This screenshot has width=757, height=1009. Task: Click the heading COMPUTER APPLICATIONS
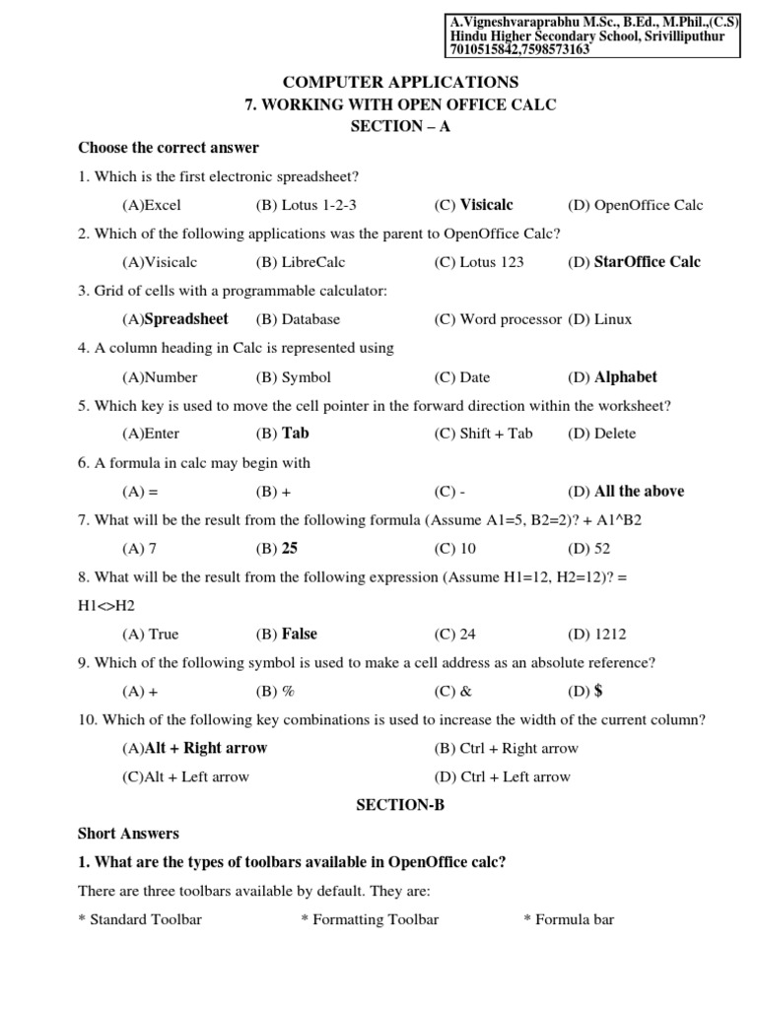coord(400,82)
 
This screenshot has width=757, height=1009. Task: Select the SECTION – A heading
coord(400,126)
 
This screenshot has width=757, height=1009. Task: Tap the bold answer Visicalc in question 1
coord(487,205)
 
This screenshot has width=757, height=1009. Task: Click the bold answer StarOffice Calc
coord(648,262)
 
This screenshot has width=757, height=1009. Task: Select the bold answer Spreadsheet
coord(186,319)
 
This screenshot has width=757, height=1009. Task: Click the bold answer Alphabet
coord(626,376)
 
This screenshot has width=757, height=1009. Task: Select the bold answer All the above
coord(639,491)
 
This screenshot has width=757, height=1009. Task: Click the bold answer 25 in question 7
coord(290,548)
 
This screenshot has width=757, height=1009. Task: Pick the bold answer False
coord(300,634)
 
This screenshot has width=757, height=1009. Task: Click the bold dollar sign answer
coord(598,691)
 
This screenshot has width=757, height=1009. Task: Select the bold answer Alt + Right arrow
coord(206,748)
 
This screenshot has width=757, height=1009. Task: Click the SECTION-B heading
coord(400,805)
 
